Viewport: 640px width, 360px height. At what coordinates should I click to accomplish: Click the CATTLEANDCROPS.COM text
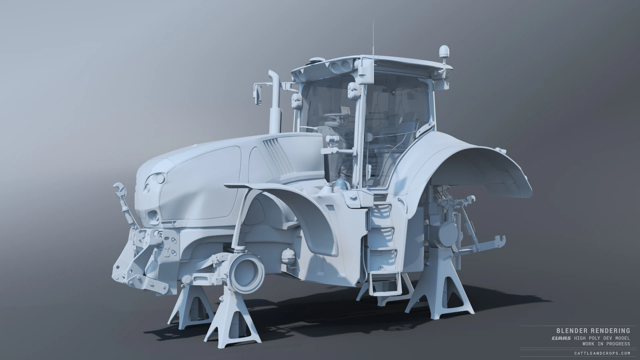point(602,353)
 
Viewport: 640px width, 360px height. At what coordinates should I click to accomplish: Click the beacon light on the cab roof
point(444,51)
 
